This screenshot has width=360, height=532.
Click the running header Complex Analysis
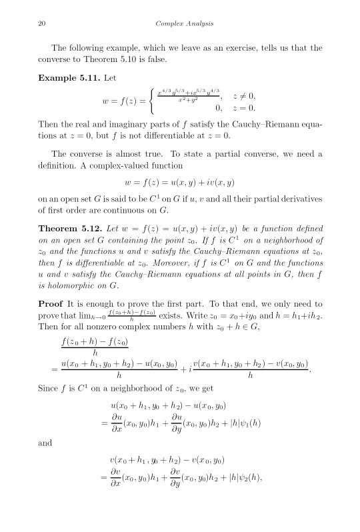click(179, 25)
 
